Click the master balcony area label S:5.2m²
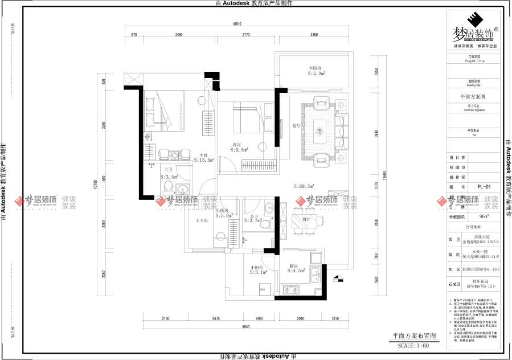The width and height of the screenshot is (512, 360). pos(317,73)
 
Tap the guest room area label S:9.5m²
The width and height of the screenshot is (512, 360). pos(239,150)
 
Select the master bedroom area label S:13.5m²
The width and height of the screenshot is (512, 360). pos(204,161)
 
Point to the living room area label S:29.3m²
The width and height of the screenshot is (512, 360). pos(305,186)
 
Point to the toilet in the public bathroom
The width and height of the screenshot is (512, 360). pos(263,225)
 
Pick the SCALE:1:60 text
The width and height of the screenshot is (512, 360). pos(413,346)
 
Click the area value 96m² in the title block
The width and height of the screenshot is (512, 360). pos(484,216)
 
